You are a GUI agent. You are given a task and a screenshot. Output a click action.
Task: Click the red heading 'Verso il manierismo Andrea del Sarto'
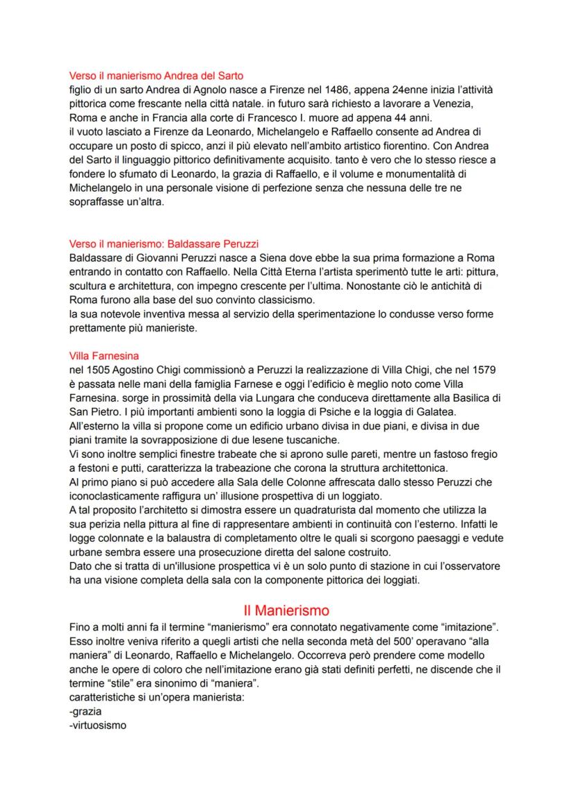pyautogui.click(x=156, y=76)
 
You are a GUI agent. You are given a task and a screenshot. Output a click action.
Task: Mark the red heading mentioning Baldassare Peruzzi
pyautogui.click(x=164, y=244)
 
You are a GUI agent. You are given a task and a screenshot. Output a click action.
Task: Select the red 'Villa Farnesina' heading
pyautogui.click(x=104, y=356)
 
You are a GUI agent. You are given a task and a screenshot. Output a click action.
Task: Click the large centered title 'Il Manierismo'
pyautogui.click(x=286, y=611)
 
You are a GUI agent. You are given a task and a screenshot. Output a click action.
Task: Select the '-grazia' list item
pyautogui.click(x=86, y=711)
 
